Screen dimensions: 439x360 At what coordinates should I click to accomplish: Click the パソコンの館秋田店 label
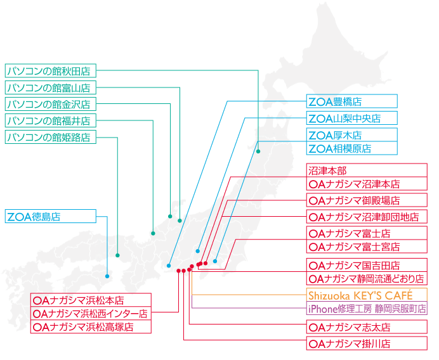[51, 71]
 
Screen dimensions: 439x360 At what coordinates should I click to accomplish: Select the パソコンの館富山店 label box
[51, 87]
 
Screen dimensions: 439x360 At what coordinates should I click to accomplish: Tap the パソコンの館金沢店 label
[51, 104]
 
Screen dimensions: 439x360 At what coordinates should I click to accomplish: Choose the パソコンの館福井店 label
[51, 120]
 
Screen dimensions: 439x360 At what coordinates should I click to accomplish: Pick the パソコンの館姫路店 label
[51, 137]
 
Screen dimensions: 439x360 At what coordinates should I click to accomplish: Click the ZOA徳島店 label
[51, 216]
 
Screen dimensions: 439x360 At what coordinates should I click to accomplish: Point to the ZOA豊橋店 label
[352, 101]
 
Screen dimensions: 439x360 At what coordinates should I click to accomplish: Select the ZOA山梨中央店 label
[352, 118]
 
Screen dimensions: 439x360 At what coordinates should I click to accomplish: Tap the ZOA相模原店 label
[352, 148]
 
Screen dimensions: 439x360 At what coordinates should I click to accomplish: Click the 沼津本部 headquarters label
[367, 170]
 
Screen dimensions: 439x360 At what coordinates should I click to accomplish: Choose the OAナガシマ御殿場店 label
[367, 200]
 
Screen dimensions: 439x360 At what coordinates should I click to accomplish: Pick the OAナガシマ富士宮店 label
[367, 247]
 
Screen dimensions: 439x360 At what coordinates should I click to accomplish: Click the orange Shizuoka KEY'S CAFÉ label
[367, 295]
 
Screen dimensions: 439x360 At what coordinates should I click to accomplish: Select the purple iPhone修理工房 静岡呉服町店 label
[367, 308]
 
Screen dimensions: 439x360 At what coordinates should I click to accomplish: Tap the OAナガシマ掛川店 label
[367, 344]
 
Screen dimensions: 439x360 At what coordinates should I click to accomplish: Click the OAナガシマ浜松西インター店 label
[91, 313]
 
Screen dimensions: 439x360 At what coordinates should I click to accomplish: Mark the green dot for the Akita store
[258, 151]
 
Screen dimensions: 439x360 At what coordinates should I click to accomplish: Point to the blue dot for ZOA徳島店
[107, 276]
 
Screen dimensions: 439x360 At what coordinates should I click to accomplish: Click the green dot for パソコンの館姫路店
[117, 255]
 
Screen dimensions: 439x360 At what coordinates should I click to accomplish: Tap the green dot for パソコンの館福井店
[153, 233]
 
